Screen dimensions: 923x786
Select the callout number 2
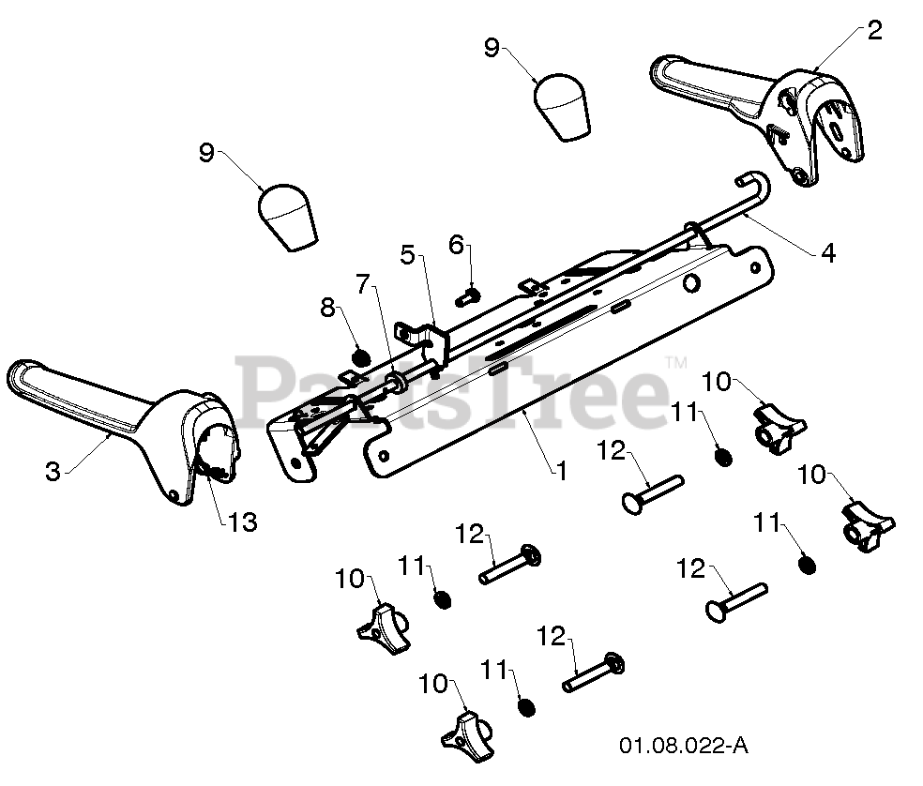875,30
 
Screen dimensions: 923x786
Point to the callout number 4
827,253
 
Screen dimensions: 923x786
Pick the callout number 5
408,255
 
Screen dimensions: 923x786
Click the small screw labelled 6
469,296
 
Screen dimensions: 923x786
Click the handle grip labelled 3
124,422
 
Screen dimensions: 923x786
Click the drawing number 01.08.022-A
684,746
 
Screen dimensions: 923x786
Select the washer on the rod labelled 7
396,380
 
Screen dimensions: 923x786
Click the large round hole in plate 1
691,283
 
